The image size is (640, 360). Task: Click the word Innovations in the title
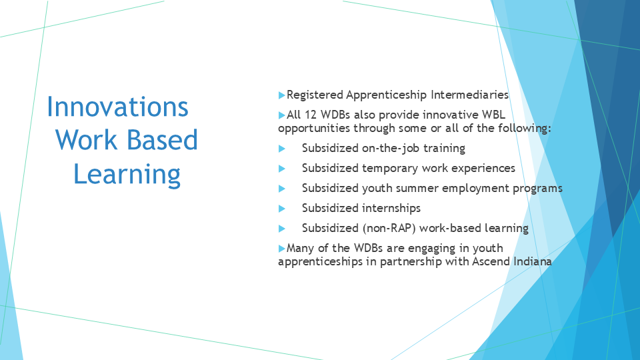pyautogui.click(x=117, y=107)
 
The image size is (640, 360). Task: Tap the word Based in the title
pyautogui.click(x=162, y=139)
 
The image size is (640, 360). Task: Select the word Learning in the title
pyautogui.click(x=127, y=174)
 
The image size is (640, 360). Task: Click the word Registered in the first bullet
pyautogui.click(x=315, y=95)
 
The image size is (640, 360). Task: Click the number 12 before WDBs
pyautogui.click(x=310, y=115)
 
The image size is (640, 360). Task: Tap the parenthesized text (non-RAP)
pyautogui.click(x=389, y=228)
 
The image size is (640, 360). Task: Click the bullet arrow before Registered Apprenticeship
pyautogui.click(x=281, y=95)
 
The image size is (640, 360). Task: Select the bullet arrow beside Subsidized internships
pyautogui.click(x=281, y=209)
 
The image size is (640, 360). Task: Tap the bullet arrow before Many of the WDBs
pyautogui.click(x=281, y=248)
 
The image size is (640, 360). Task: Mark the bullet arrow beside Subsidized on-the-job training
pyautogui.click(x=281, y=149)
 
